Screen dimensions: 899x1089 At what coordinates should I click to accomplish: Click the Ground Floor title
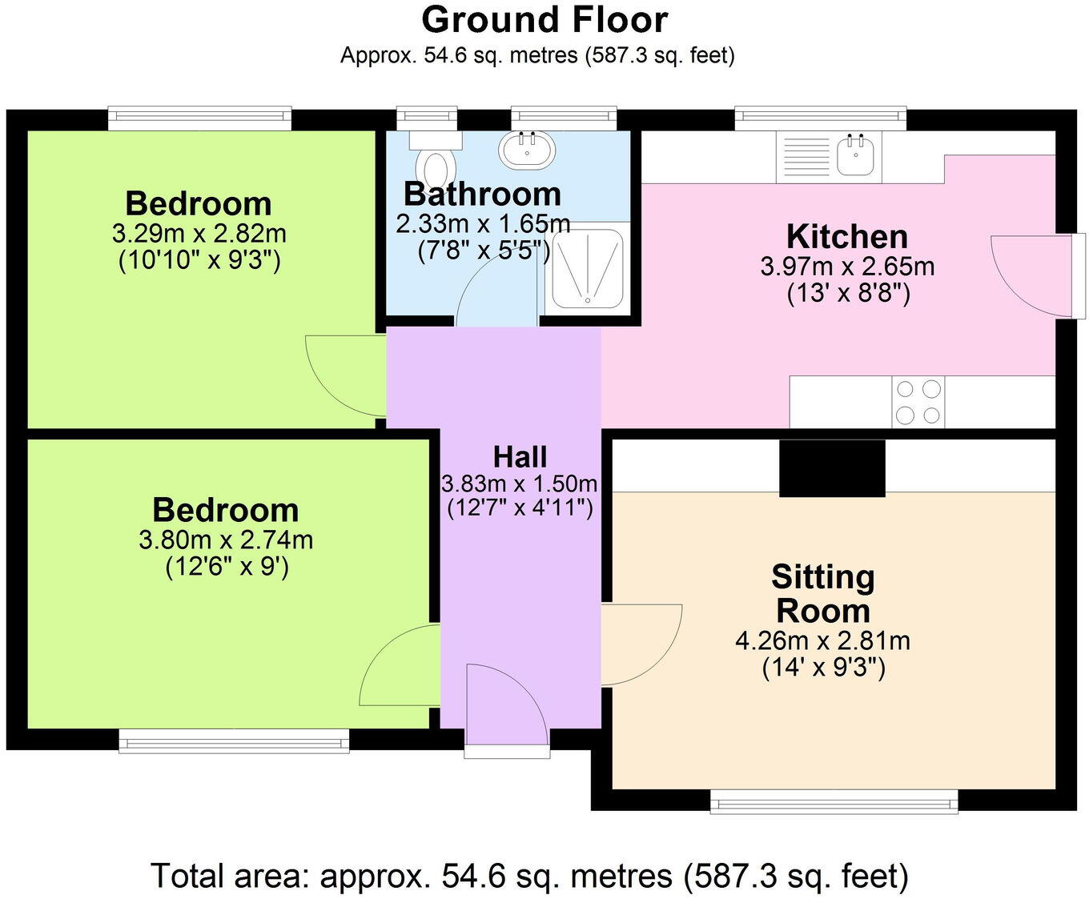pyautogui.click(x=544, y=20)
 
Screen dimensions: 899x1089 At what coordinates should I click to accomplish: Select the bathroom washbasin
pyautogui.click(x=526, y=150)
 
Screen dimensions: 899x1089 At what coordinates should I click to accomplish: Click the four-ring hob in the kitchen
pyautogui.click(x=918, y=402)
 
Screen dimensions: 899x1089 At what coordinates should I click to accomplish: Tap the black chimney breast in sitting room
pyautogui.click(x=833, y=468)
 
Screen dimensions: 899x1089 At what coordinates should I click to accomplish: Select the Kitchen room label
pyautogui.click(x=847, y=237)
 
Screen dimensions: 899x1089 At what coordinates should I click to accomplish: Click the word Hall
pyautogui.click(x=520, y=457)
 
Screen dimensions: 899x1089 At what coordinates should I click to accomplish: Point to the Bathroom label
pyautogui.click(x=482, y=195)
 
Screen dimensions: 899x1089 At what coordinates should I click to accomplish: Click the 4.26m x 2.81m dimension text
pyautogui.click(x=822, y=640)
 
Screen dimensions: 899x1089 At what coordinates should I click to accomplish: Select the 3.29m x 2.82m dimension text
pyautogui.click(x=199, y=235)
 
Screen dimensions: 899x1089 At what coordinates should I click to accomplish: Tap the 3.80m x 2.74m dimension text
pyautogui.click(x=226, y=540)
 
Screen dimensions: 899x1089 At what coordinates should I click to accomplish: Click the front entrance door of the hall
pyautogui.click(x=506, y=708)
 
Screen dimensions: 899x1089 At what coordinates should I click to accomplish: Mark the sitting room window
pyautogui.click(x=834, y=801)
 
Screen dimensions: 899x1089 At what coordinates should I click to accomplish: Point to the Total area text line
pyautogui.click(x=529, y=876)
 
